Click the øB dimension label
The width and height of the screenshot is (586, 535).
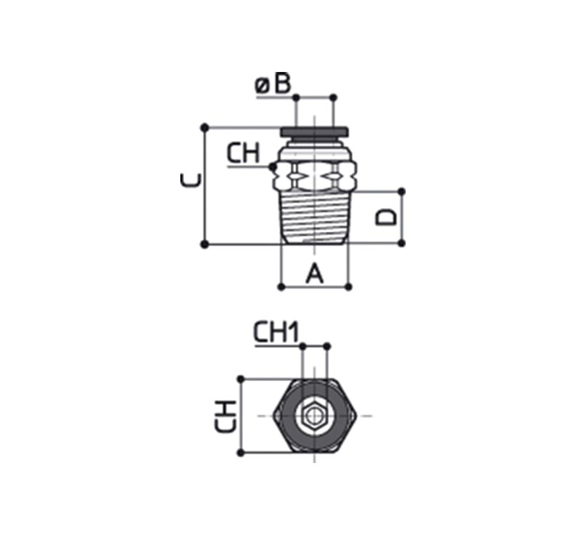(273, 84)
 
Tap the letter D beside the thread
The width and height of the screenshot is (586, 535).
(385, 217)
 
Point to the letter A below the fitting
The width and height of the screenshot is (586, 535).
(315, 273)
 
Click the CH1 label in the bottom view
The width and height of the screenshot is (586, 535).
(276, 332)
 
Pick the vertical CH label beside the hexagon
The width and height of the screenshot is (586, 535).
(225, 416)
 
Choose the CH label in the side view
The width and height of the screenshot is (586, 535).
(244, 153)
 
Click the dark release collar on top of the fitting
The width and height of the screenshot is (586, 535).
(315, 132)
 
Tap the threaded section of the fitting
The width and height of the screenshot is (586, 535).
(315, 217)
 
